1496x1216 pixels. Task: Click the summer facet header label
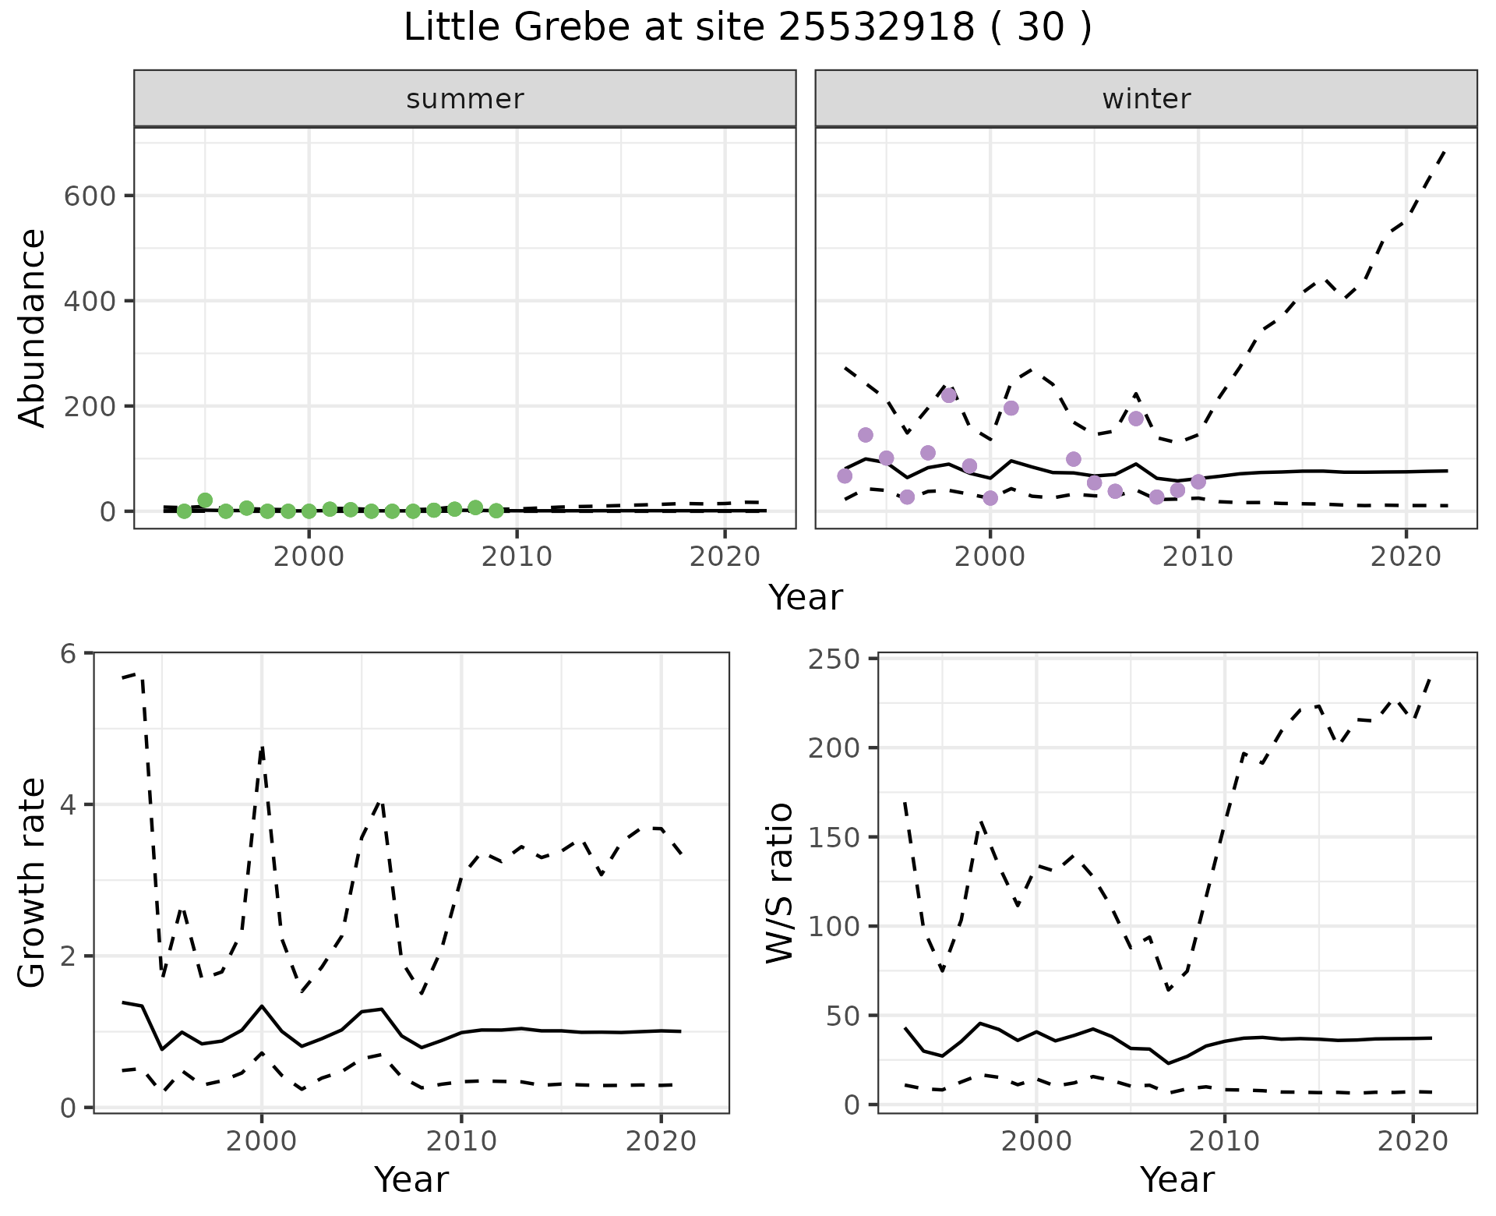click(x=465, y=99)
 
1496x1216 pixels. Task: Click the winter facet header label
click(x=1146, y=99)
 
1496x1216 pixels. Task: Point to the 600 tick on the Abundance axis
click(x=89, y=196)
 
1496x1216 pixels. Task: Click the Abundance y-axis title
click(x=33, y=327)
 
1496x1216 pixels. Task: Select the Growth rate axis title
click(x=33, y=882)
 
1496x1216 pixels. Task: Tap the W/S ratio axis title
click(x=780, y=882)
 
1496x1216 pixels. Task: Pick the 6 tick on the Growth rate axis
click(x=69, y=653)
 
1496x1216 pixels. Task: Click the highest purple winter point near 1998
click(x=948, y=395)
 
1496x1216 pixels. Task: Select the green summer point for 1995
click(x=205, y=500)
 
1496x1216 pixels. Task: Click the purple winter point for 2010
click(x=1198, y=482)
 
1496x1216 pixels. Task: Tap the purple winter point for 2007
click(x=1135, y=419)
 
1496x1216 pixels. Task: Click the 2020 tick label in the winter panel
click(x=1406, y=557)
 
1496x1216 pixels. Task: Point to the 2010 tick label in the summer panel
click(x=517, y=557)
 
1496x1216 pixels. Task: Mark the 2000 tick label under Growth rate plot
click(x=262, y=1141)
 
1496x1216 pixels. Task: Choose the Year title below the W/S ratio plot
click(x=1177, y=1180)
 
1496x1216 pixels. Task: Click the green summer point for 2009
click(x=496, y=511)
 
